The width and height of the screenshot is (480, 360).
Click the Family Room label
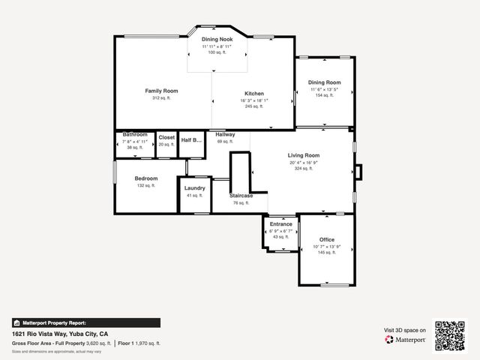(x=161, y=91)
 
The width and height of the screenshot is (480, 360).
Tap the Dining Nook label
(x=217, y=39)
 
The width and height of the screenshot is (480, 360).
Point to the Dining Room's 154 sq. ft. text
(x=324, y=95)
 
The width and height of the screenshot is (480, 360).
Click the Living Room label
(x=304, y=155)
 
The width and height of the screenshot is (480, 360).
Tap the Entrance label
(x=280, y=223)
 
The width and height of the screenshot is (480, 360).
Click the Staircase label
(x=241, y=196)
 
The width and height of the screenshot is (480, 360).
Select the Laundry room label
(x=194, y=188)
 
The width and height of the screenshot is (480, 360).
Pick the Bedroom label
(x=146, y=178)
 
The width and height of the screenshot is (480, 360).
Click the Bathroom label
(x=135, y=134)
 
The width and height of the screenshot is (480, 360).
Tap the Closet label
(x=166, y=138)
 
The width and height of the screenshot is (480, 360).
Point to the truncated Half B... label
(x=192, y=140)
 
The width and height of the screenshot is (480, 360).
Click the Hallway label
(x=225, y=134)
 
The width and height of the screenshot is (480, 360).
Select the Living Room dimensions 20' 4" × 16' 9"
(x=304, y=162)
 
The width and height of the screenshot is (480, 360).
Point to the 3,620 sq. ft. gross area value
(x=98, y=343)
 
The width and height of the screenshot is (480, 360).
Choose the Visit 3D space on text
(x=405, y=330)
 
